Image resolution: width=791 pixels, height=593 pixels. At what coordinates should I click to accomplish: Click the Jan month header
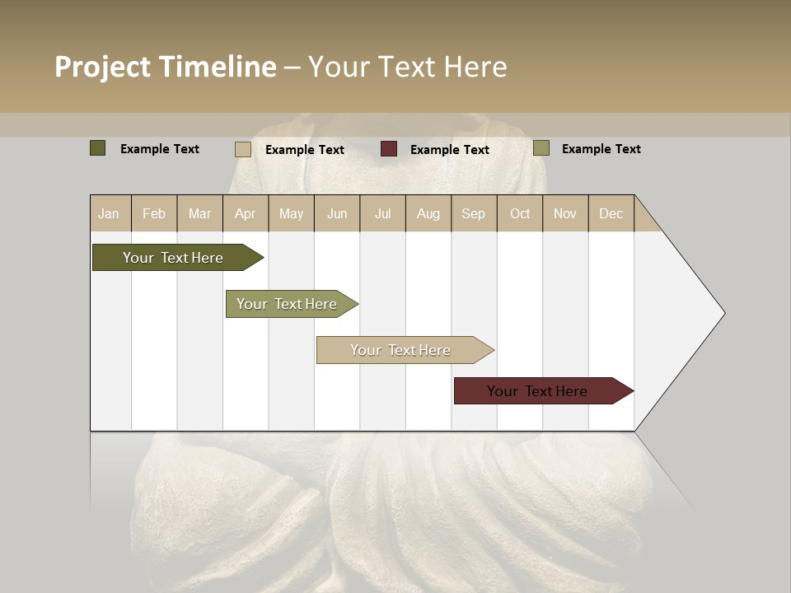[109, 214]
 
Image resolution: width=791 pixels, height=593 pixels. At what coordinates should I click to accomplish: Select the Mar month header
[199, 214]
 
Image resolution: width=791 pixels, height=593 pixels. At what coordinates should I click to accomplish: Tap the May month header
[291, 214]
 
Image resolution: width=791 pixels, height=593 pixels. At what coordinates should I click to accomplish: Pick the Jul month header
[382, 214]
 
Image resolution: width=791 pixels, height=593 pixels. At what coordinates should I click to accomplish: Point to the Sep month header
[473, 214]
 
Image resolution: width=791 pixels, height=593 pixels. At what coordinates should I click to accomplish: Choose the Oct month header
[520, 214]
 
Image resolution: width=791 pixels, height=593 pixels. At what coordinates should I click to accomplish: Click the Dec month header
[611, 214]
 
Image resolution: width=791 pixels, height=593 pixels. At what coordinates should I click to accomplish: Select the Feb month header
[154, 214]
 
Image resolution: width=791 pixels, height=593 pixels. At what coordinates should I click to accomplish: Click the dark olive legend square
[97, 148]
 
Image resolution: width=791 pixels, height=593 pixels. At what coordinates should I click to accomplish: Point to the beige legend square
[242, 149]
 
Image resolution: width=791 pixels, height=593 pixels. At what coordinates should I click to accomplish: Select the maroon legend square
[388, 149]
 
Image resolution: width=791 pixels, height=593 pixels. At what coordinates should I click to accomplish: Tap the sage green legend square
[541, 148]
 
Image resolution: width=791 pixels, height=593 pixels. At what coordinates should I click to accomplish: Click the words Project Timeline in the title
[165, 67]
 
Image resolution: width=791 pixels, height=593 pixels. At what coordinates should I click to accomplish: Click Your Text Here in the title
[407, 67]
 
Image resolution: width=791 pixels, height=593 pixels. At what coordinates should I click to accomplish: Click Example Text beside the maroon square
[449, 150]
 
